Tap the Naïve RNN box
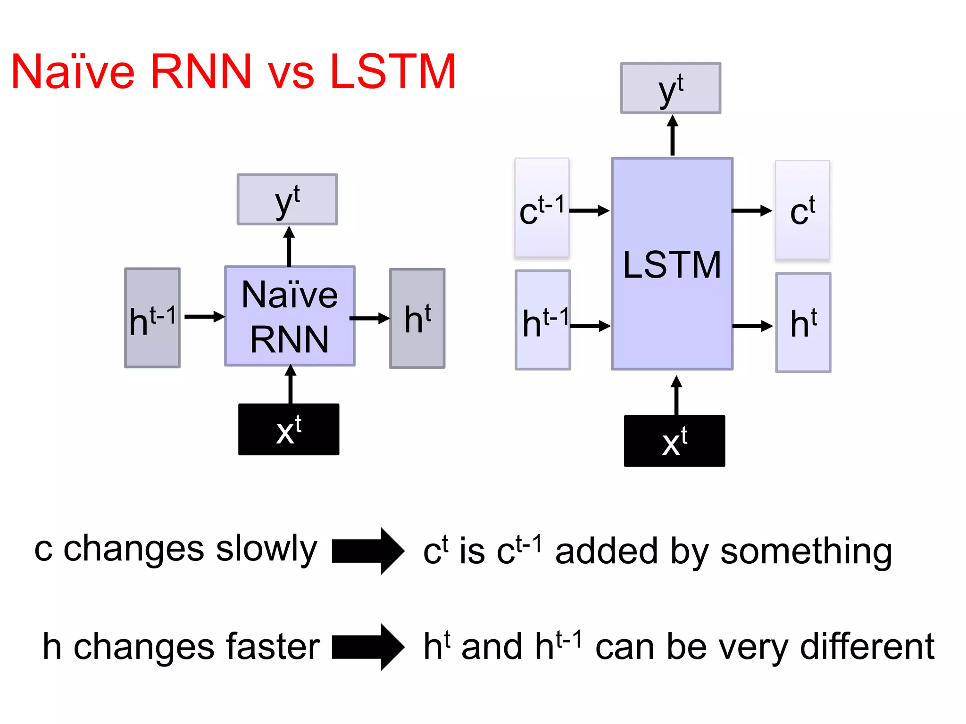coord(290,316)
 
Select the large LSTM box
coord(672,264)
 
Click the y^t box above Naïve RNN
coord(287,199)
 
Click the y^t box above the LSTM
coord(670,88)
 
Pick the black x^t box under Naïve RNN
coord(289,429)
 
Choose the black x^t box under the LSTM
coord(674,441)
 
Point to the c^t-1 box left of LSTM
coord(542,208)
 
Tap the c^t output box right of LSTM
coord(802,210)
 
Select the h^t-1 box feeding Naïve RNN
coord(152,318)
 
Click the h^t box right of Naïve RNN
coord(417,318)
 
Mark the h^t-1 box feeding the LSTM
coord(543,320)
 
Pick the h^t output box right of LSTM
coord(803,322)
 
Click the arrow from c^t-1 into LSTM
coord(590,211)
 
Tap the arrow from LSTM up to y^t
coord(673,136)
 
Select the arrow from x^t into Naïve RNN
coord(291,384)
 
